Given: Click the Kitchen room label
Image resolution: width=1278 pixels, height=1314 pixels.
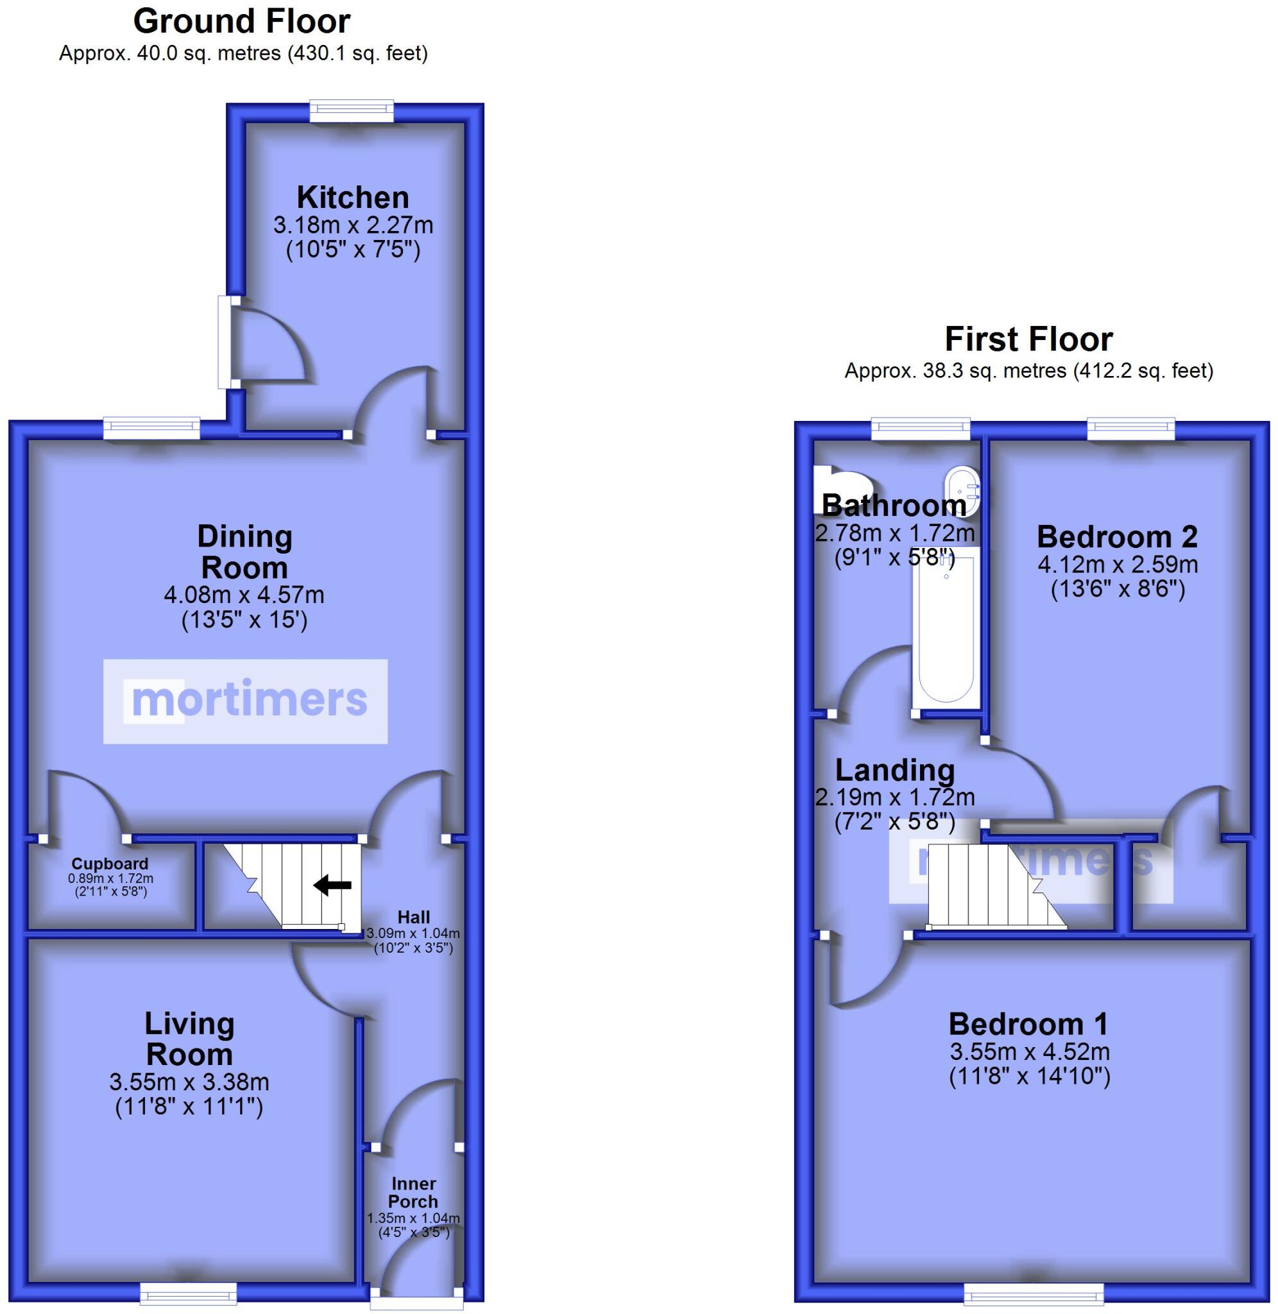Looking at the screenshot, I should pyautogui.click(x=352, y=198).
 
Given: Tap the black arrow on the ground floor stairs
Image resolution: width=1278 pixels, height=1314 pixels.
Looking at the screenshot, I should pyautogui.click(x=332, y=885).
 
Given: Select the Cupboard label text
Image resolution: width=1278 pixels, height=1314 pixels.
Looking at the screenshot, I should pyautogui.click(x=110, y=864).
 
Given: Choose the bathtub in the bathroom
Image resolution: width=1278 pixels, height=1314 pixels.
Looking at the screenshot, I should pyautogui.click(x=945, y=631).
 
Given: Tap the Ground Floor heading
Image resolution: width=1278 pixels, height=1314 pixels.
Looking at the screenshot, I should pyautogui.click(x=242, y=21).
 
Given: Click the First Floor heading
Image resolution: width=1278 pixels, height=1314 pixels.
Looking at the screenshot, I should pyautogui.click(x=1028, y=339).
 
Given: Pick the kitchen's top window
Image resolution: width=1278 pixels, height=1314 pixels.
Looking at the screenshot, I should pyautogui.click(x=351, y=112).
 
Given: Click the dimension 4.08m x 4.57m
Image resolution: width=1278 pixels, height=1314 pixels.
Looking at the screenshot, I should pyautogui.click(x=244, y=595).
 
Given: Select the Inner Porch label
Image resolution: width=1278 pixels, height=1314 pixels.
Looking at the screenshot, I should pyautogui.click(x=413, y=1193).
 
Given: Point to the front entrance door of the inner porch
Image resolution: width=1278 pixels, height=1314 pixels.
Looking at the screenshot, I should pyautogui.click(x=416, y=1302).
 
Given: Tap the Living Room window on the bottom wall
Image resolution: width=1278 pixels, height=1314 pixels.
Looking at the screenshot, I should pyautogui.click(x=188, y=1293).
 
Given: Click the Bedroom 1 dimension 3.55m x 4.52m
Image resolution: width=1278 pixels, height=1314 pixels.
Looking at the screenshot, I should pyautogui.click(x=1029, y=1052).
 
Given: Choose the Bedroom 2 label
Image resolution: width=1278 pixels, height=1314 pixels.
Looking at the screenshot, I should pyautogui.click(x=1117, y=537).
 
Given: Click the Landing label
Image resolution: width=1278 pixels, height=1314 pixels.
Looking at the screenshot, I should pyautogui.click(x=894, y=770).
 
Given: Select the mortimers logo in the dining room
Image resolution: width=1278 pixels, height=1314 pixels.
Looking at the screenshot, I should pyautogui.click(x=245, y=701).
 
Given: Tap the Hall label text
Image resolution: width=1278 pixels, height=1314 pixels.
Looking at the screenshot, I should pyautogui.click(x=413, y=917).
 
